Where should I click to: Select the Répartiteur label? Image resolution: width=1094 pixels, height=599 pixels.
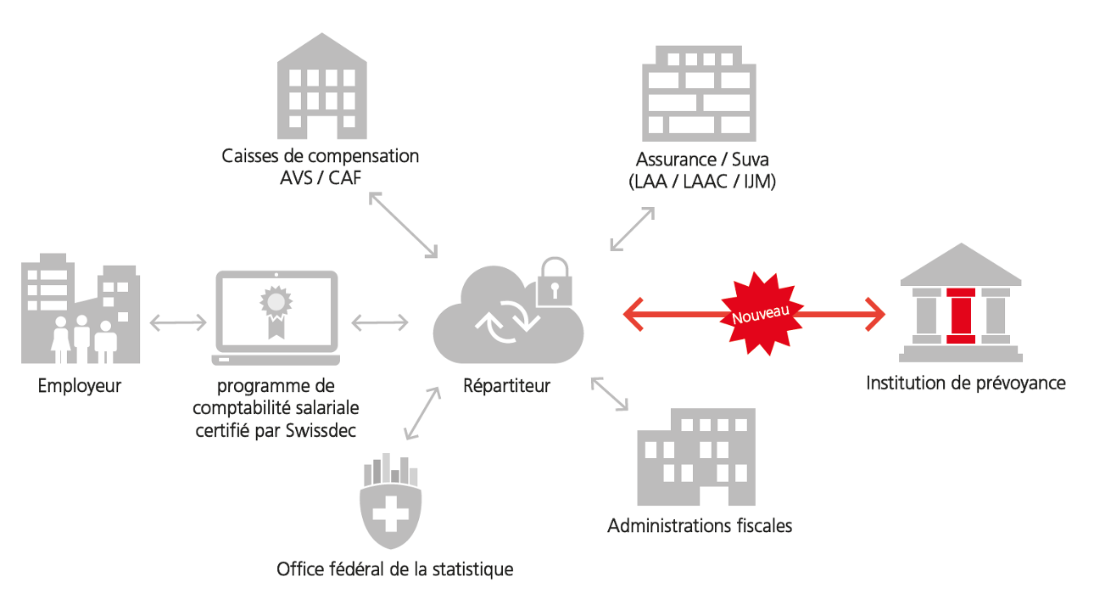(507, 386)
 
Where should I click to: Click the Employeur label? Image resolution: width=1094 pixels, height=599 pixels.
(80, 386)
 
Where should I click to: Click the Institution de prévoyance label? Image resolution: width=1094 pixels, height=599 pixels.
(966, 383)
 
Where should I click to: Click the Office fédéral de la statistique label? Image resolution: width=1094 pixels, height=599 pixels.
(395, 568)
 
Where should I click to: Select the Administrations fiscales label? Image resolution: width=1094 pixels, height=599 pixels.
(700, 526)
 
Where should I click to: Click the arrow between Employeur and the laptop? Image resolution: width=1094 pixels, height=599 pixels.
(178, 322)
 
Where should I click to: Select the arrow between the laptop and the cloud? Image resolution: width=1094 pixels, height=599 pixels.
(380, 322)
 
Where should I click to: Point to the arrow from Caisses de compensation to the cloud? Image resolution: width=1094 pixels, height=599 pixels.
(404, 225)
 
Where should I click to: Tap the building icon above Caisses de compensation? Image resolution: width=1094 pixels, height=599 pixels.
(321, 88)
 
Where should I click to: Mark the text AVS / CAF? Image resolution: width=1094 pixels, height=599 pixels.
(320, 178)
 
